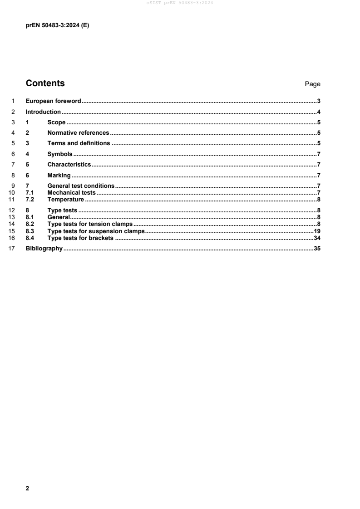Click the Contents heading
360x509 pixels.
[x=45, y=83]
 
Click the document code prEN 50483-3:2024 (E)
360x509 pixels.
[x=57, y=26]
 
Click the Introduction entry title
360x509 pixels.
[x=43, y=112]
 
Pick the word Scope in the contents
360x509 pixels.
[x=57, y=122]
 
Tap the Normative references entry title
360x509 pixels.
[x=78, y=133]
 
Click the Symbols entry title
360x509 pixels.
[x=60, y=154]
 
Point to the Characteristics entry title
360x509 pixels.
[x=69, y=164]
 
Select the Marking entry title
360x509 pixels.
[x=59, y=175]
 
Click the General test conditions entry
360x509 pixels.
[x=81, y=186]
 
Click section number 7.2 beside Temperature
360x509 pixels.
[x=30, y=200]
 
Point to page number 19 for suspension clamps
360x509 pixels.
[x=317, y=231]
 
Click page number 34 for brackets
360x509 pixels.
[x=317, y=238]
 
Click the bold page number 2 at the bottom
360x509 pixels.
[x=27, y=476]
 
